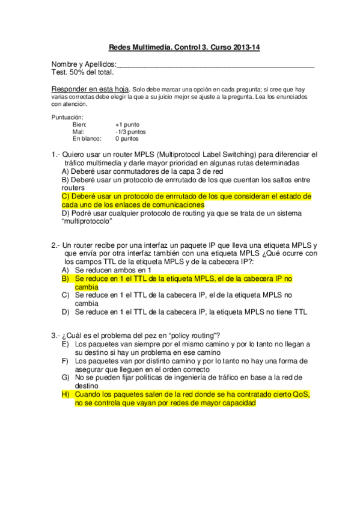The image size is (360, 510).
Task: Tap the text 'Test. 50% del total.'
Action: point(82,72)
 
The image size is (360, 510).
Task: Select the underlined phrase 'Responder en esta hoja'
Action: point(90,88)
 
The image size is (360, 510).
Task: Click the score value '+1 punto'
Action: point(127,124)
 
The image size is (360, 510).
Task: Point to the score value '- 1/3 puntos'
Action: point(130,132)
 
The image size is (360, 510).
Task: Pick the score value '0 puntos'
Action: point(127,138)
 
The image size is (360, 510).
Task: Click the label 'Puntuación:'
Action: point(67,117)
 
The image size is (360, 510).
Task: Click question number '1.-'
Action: point(56,155)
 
